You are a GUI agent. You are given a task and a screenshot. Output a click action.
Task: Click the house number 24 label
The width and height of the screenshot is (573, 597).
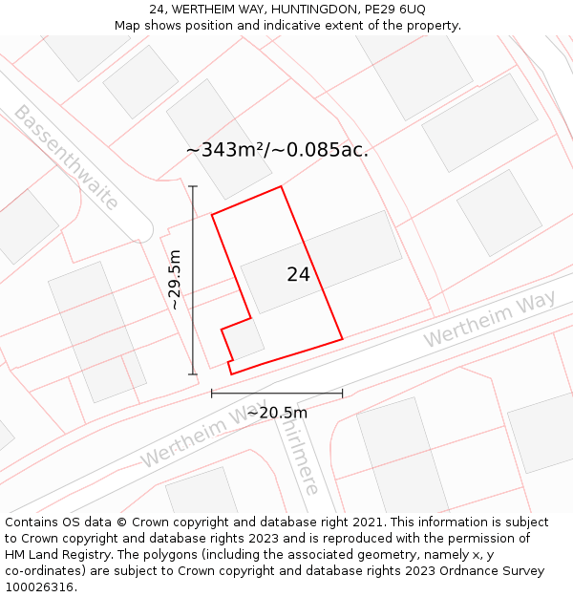click(298, 274)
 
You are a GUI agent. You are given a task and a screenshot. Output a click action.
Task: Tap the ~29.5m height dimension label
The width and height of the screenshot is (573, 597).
click(175, 280)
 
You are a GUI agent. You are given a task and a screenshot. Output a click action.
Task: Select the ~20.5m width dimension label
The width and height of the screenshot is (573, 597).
click(277, 413)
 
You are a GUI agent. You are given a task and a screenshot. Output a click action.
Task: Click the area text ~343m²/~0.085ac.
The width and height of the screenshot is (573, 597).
click(277, 150)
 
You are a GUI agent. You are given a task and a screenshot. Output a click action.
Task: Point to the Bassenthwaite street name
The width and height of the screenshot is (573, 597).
click(65, 158)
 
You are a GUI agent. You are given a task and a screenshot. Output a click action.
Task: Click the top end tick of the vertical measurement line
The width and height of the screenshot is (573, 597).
click(193, 186)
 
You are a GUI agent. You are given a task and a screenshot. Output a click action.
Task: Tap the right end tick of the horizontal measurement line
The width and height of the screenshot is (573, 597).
click(342, 393)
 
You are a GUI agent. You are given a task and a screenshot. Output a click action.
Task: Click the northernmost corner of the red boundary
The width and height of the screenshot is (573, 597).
click(281, 186)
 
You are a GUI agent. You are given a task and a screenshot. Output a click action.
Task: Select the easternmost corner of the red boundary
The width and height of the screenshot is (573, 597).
click(342, 338)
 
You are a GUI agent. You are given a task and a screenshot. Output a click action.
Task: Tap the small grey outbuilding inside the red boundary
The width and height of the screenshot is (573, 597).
click(245, 339)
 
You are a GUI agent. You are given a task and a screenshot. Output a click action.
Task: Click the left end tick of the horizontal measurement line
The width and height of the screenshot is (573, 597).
click(212, 393)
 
